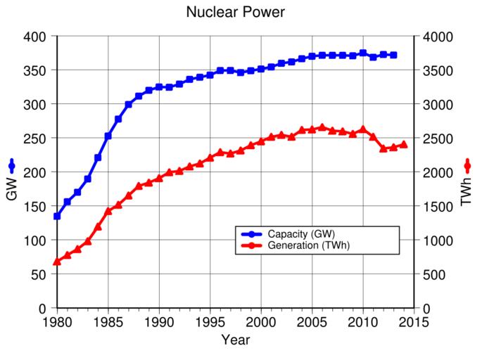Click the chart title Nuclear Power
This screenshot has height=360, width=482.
point(235,13)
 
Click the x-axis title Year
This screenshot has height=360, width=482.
point(235,340)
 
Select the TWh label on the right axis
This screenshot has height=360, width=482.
point(467,191)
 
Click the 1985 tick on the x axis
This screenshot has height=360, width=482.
point(108,322)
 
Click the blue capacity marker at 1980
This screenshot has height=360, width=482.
point(57,217)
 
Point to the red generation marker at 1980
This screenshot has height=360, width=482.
point(57,262)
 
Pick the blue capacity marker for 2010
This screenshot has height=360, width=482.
point(363,53)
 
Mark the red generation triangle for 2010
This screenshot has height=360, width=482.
point(363,129)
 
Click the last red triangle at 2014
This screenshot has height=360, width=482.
point(404,144)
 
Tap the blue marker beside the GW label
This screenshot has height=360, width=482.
point(11,166)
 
